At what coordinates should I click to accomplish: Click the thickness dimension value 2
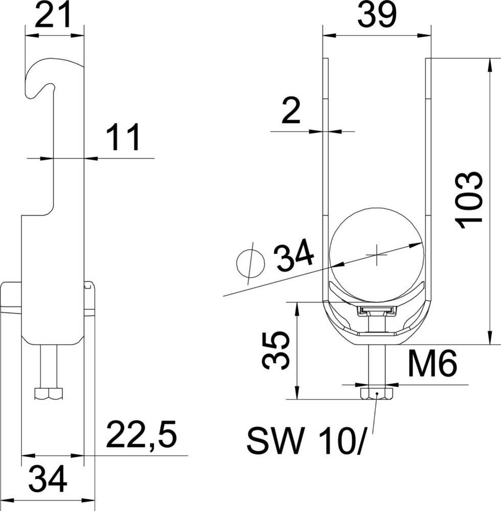291,113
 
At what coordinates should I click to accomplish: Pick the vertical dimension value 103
469,200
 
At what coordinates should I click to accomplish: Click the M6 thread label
432,364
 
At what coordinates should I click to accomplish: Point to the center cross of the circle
377,254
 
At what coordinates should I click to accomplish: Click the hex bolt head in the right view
377,394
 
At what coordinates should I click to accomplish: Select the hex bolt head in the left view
49,393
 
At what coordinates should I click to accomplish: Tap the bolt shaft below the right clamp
377,368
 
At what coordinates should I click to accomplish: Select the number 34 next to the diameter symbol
294,257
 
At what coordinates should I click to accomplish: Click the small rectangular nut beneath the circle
377,310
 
